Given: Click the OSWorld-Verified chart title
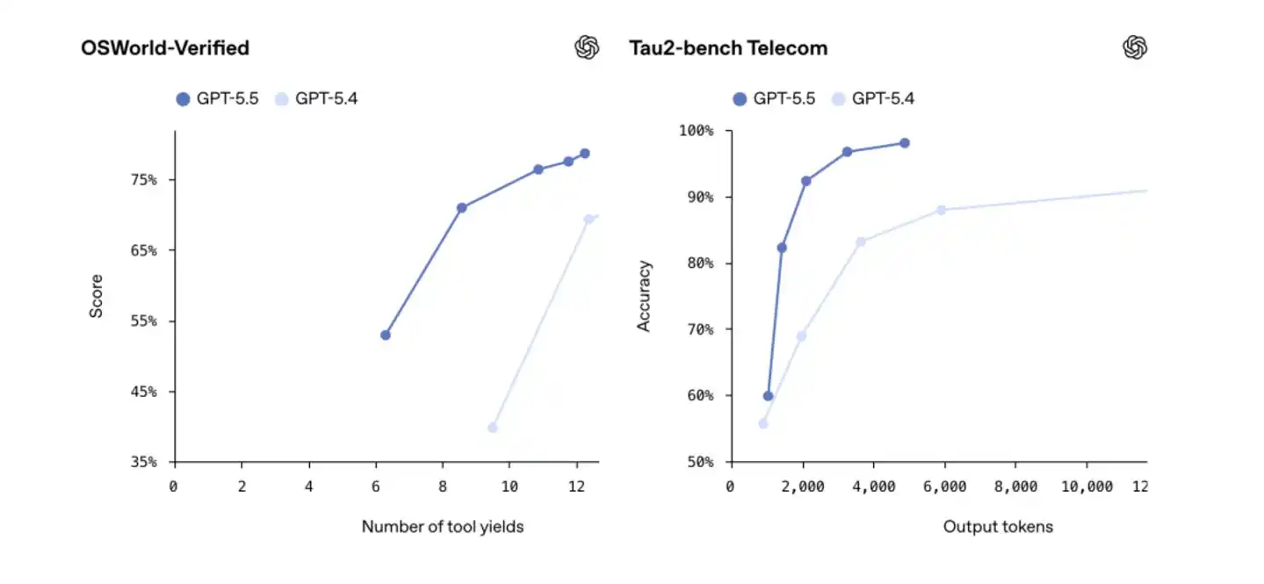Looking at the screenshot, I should point(165,47).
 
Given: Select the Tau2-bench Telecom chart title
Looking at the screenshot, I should point(728,47).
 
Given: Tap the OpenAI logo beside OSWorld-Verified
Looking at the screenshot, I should point(587,47).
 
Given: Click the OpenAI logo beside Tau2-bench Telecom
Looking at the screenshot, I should point(1135,47).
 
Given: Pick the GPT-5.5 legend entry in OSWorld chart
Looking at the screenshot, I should point(217,98).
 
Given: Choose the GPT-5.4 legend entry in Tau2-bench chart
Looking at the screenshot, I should point(872,98).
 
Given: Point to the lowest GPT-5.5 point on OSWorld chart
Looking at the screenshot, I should point(385,335).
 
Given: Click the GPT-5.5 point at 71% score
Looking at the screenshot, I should point(461,208).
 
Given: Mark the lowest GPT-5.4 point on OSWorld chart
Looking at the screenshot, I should point(492,428).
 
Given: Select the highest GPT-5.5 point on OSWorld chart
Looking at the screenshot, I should point(584,154).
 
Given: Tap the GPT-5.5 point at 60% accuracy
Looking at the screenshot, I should point(768,396).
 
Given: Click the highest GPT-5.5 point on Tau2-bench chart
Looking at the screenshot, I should point(904,143).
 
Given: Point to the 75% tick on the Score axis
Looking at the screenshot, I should point(146,180).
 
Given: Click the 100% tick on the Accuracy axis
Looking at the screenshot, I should point(696,131).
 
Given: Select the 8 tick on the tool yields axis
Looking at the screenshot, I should point(442,486).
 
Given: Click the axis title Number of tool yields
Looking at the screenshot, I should point(443,527).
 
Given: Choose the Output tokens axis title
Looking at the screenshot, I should point(998,527).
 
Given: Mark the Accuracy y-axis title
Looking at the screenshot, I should point(644,295).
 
